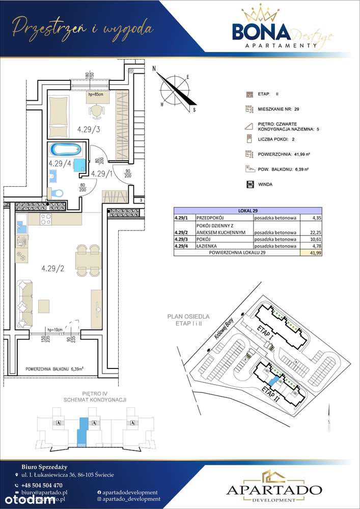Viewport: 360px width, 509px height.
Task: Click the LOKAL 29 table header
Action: click(248, 210)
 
